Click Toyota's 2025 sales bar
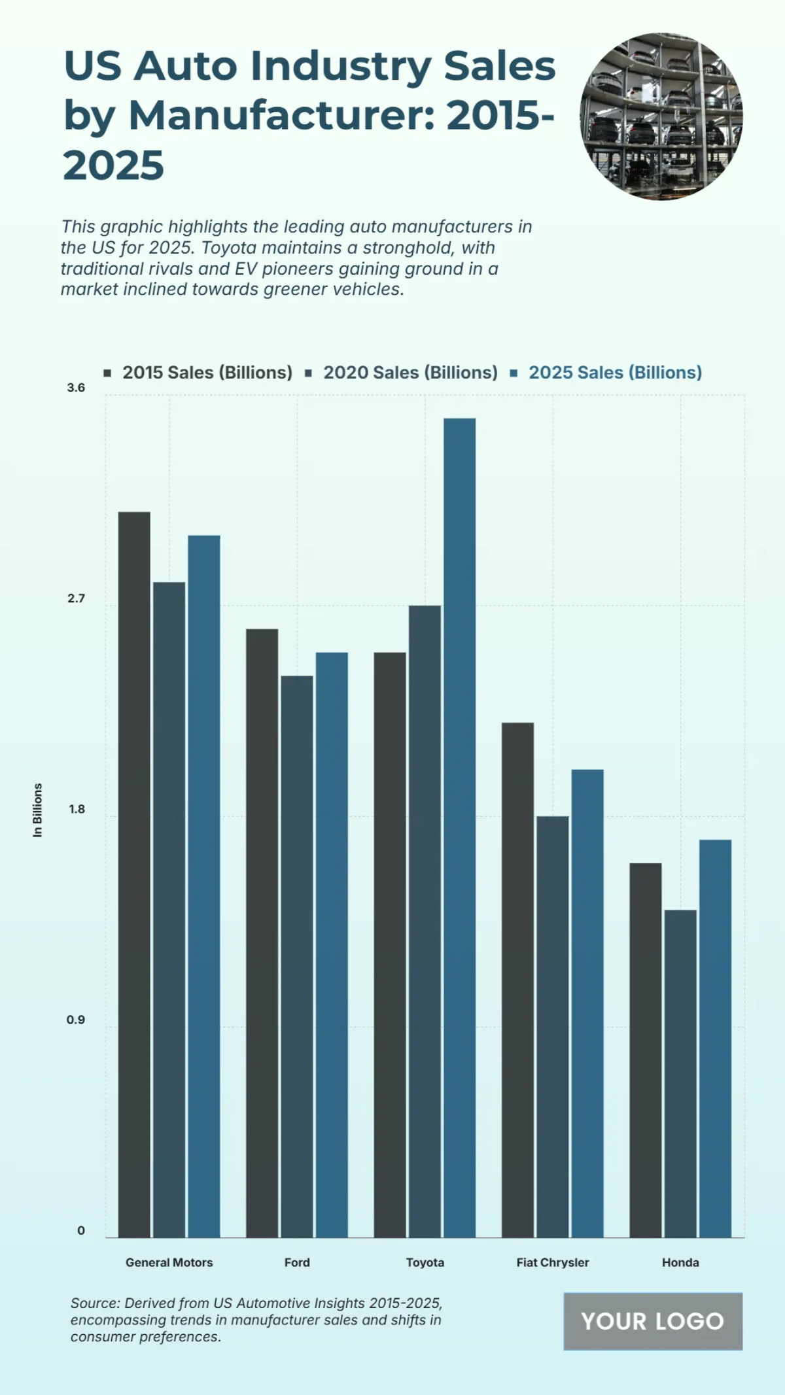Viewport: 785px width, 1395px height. coord(459,827)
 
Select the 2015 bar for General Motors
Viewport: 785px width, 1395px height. coord(134,874)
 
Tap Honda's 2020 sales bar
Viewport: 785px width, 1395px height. coord(680,1073)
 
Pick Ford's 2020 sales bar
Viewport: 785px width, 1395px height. coord(297,956)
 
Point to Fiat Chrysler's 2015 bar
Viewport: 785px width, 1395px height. coord(517,980)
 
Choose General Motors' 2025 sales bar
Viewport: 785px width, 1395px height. coord(204,886)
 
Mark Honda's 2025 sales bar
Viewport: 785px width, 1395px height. coord(715,1039)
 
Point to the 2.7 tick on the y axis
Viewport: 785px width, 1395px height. coord(76,598)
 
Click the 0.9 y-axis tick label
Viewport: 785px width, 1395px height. coord(76,1020)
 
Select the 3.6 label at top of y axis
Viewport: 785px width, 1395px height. coord(76,388)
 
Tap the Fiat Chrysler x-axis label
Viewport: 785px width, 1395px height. coord(552,1262)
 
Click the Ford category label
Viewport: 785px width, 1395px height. coord(297,1262)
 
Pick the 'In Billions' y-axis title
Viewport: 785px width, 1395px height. coord(37,810)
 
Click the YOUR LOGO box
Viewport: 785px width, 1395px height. coord(652,1321)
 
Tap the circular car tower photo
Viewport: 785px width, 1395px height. coord(661,116)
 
